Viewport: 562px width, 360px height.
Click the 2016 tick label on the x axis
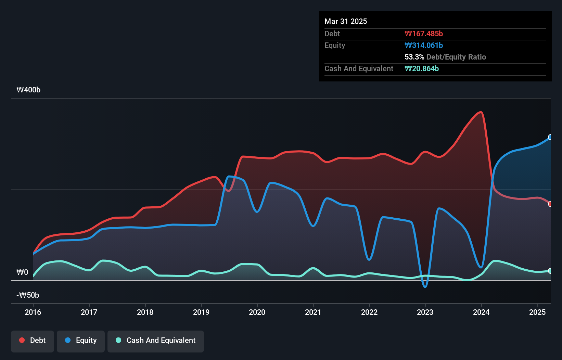[x=33, y=312]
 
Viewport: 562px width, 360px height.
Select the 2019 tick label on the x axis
[x=201, y=312]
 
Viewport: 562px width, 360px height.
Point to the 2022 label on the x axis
[x=369, y=312]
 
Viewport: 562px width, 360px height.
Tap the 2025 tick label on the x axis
[x=537, y=312]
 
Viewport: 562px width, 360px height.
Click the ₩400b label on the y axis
[x=28, y=90]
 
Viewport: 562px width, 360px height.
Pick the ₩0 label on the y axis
[x=22, y=272]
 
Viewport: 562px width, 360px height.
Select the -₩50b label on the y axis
[x=28, y=295]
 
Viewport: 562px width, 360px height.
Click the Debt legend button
[x=33, y=340]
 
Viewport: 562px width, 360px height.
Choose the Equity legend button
[x=81, y=340]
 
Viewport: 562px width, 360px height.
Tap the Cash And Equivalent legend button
[x=156, y=340]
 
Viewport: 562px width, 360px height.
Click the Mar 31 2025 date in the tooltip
[x=346, y=22]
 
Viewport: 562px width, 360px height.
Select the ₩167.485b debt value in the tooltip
[x=424, y=34]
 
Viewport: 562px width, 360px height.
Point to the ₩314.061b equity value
[x=424, y=46]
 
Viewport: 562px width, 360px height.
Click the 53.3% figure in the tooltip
[x=414, y=57]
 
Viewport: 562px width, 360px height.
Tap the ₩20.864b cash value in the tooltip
[x=422, y=69]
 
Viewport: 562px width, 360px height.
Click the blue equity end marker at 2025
[x=550, y=137]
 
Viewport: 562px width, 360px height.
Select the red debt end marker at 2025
[x=550, y=204]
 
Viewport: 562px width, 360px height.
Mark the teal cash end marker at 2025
[x=550, y=271]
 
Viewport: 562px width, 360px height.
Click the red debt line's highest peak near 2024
[x=481, y=112]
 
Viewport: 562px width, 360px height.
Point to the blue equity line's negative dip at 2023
[x=425, y=287]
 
